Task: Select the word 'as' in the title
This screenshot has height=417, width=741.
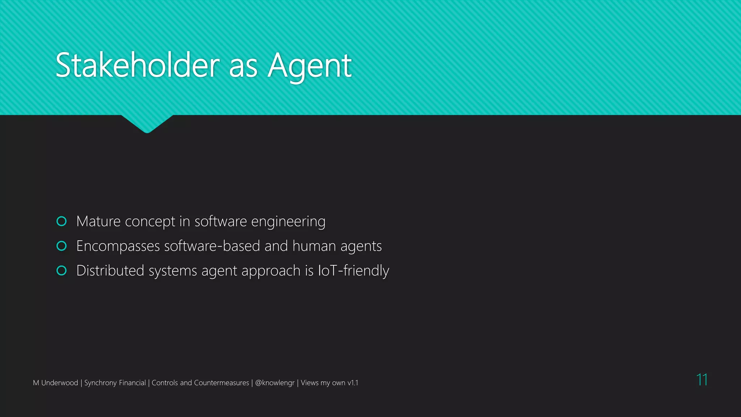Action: click(x=243, y=67)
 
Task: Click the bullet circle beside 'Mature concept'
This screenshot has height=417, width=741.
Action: click(x=62, y=221)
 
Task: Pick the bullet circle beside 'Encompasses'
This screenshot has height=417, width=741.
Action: click(x=62, y=246)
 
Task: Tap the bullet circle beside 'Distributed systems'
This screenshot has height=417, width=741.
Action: click(x=62, y=270)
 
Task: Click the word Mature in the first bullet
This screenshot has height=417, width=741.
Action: click(x=98, y=221)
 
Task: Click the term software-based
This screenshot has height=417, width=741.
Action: click(x=212, y=246)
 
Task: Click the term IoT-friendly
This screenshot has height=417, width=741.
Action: click(x=353, y=271)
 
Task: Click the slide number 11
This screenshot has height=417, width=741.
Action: click(x=702, y=380)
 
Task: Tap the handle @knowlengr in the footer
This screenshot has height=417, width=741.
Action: click(x=275, y=383)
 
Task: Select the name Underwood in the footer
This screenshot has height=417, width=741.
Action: click(x=60, y=383)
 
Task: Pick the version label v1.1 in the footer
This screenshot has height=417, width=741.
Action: click(x=352, y=383)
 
